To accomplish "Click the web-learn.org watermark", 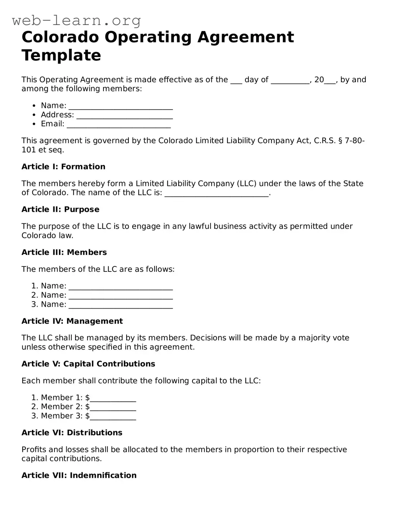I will [x=76, y=20].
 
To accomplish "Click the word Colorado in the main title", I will [x=60, y=37].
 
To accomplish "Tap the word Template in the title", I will [x=61, y=56].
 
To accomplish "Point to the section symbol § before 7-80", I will [x=340, y=141].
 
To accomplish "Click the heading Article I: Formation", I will [x=63, y=167].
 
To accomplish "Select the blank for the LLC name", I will [x=217, y=193].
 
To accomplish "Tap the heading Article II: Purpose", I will [x=60, y=209].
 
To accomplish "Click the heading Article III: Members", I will [x=64, y=252].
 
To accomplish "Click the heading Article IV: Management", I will [x=72, y=321].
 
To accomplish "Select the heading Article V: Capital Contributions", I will [x=88, y=364].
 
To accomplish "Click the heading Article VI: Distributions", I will [x=72, y=433].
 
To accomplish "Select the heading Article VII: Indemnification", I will [x=79, y=475].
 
